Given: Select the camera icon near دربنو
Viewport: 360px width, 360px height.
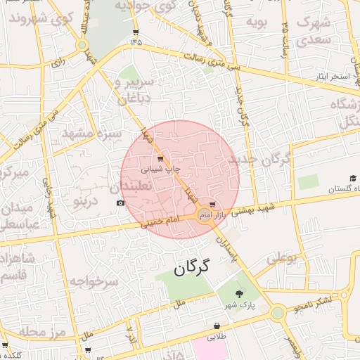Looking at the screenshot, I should pyautogui.click(x=120, y=203).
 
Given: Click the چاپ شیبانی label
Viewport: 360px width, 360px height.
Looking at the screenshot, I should pyautogui.click(x=162, y=169).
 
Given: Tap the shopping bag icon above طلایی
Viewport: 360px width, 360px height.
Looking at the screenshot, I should pyautogui.click(x=215, y=326).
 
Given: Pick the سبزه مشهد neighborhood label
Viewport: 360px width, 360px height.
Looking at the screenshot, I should pyautogui.click(x=92, y=133).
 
